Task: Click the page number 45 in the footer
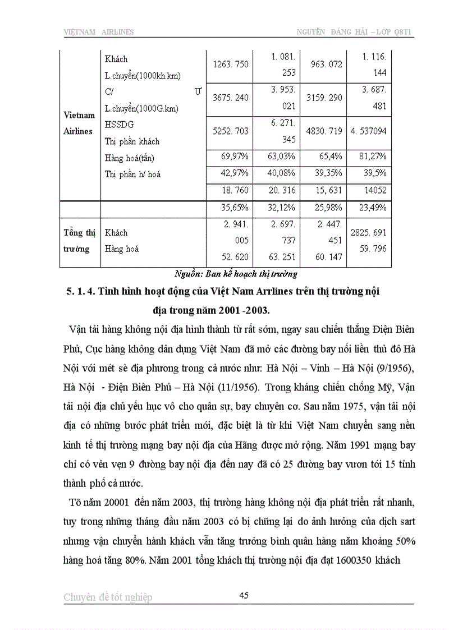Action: (x=244, y=595)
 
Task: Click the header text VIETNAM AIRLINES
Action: (x=98, y=32)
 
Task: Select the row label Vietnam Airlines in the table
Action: (x=79, y=123)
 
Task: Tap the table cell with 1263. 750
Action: (x=231, y=65)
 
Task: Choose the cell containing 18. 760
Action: (x=231, y=190)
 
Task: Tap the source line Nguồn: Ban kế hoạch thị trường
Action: (x=235, y=274)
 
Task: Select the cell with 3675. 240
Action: (x=231, y=98)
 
